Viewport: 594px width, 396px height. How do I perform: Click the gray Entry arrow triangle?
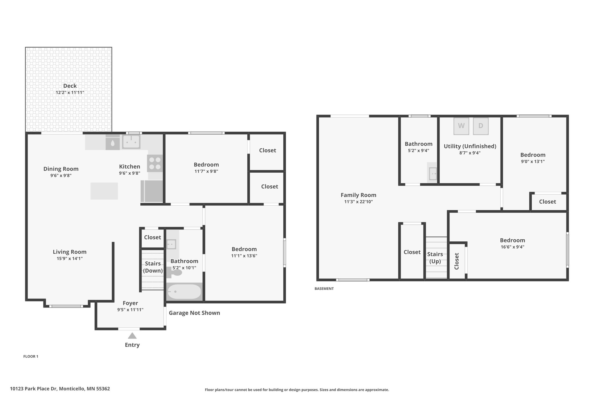(x=132, y=336)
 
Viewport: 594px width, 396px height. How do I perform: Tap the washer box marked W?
(x=461, y=126)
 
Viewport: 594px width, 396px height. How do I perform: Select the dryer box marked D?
(x=481, y=126)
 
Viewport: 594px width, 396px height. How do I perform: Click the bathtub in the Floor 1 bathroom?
(x=184, y=292)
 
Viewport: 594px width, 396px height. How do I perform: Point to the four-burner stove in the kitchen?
(x=155, y=163)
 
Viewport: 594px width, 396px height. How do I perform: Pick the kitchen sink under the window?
(x=131, y=142)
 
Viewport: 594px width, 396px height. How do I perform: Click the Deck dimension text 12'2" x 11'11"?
(x=70, y=93)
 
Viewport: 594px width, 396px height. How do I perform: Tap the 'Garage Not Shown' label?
(x=194, y=313)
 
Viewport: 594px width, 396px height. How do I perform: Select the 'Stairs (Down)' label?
(x=153, y=267)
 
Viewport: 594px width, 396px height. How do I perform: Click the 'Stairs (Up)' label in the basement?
(x=435, y=258)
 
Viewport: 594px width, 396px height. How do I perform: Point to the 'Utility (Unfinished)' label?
(x=470, y=146)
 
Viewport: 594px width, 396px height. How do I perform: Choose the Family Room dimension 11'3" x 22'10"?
(x=358, y=202)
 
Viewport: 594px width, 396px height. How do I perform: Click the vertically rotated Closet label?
(x=457, y=261)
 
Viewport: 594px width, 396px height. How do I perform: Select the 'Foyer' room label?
(x=130, y=303)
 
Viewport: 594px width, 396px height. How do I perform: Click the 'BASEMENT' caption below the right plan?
(x=324, y=289)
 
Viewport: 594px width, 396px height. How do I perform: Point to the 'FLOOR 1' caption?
(x=31, y=356)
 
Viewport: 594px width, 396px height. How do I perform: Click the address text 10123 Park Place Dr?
(x=34, y=389)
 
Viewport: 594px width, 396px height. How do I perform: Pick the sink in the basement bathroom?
(x=433, y=173)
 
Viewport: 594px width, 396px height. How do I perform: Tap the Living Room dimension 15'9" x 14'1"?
(x=70, y=258)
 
